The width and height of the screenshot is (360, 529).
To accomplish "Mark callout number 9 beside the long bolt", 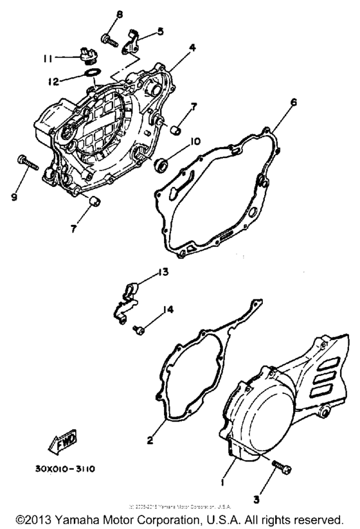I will click(14, 198).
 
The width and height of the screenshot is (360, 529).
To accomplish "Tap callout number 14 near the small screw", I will click(168, 310).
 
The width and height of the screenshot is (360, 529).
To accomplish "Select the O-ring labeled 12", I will click(92, 72).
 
